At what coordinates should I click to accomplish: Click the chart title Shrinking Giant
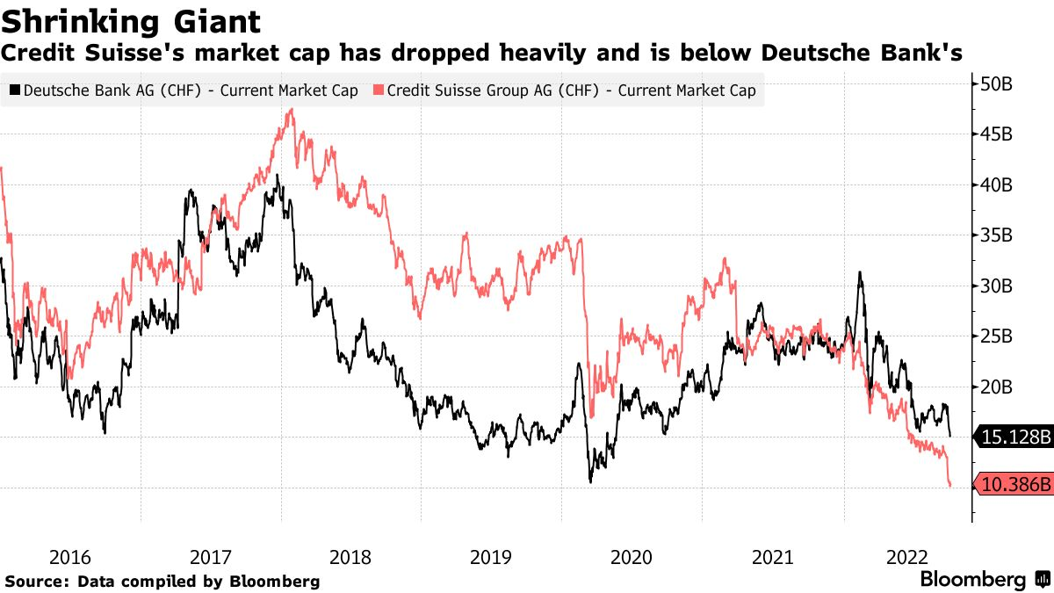pos(131,20)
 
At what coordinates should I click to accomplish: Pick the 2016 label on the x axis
pos(70,557)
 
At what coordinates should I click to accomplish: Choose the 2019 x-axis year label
pos(491,557)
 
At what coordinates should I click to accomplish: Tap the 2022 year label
pos(911,557)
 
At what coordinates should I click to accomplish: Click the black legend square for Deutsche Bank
pos(15,90)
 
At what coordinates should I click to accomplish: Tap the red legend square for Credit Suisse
pos(379,90)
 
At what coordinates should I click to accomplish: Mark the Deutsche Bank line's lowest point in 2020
pos(590,481)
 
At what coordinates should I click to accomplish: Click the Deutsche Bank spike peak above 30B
pos(859,272)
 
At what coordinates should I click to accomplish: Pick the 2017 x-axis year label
pos(211,557)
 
